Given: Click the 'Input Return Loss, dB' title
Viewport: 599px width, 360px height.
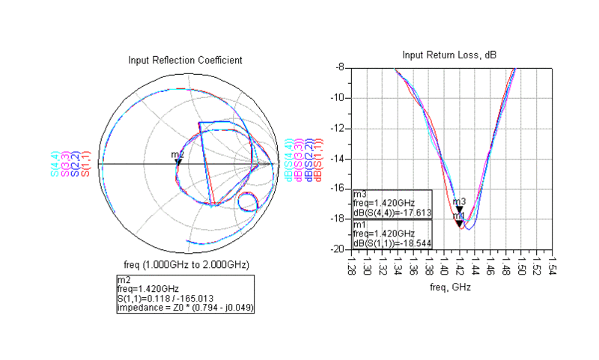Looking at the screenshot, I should tap(449, 55).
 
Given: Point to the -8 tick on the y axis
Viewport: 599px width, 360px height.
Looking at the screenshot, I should tap(339, 67).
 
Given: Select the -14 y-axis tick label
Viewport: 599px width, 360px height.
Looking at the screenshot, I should tap(337, 158).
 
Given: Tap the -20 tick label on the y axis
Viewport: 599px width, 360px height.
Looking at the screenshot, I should tap(337, 248).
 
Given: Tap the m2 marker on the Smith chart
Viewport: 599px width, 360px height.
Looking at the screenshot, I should tap(178, 162).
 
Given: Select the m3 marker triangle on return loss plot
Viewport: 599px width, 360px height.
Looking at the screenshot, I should tap(460, 210).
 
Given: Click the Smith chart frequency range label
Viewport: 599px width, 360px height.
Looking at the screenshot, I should tap(186, 265).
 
